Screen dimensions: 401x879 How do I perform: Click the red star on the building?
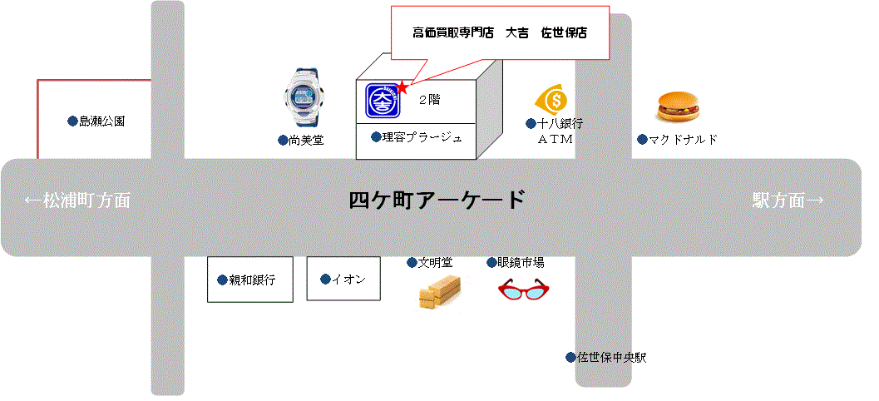(x=402, y=87)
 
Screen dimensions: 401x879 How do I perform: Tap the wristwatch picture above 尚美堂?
(x=301, y=98)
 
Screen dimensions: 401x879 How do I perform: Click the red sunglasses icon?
(x=524, y=290)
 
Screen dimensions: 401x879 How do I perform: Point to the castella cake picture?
(x=438, y=293)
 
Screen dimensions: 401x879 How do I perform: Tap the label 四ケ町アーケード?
(x=437, y=200)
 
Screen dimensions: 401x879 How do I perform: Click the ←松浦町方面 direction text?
(x=77, y=200)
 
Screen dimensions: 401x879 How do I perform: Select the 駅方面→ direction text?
(x=788, y=200)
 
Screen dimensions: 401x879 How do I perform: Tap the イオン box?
(x=343, y=279)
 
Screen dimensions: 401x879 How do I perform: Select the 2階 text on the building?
(x=429, y=99)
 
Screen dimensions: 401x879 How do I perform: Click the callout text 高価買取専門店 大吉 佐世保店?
(x=500, y=33)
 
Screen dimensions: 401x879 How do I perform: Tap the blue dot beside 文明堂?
(x=412, y=263)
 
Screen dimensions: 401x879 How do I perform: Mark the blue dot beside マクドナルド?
(x=642, y=139)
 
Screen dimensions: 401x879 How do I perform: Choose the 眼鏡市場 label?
(x=521, y=263)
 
